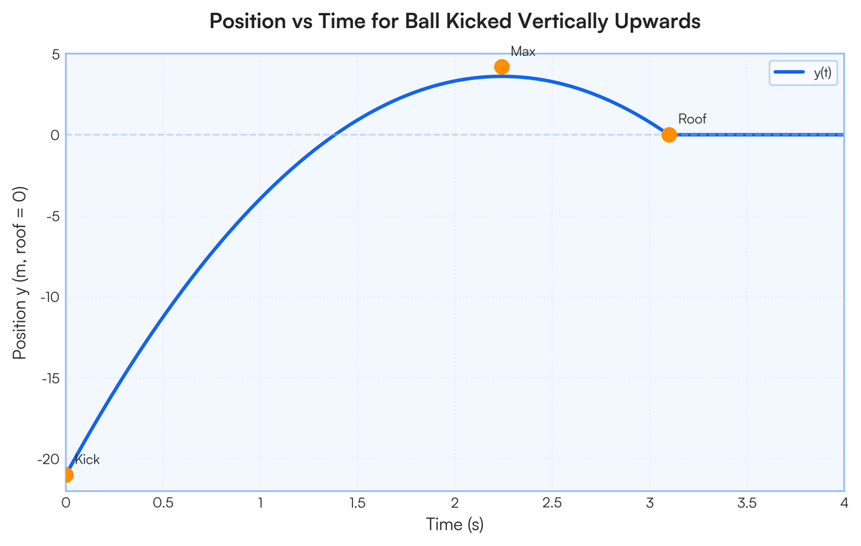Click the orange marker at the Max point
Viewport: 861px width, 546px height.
(x=502, y=67)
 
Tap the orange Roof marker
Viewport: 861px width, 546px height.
(x=669, y=134)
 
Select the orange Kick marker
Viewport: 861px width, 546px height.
(x=67, y=474)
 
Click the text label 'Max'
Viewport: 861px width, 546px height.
(x=523, y=52)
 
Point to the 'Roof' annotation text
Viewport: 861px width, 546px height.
(x=692, y=119)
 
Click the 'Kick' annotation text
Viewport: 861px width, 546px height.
(x=88, y=460)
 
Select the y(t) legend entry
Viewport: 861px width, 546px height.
(x=804, y=73)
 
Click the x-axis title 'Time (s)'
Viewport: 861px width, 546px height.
(x=455, y=525)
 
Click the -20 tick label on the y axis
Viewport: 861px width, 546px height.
(x=47, y=459)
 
